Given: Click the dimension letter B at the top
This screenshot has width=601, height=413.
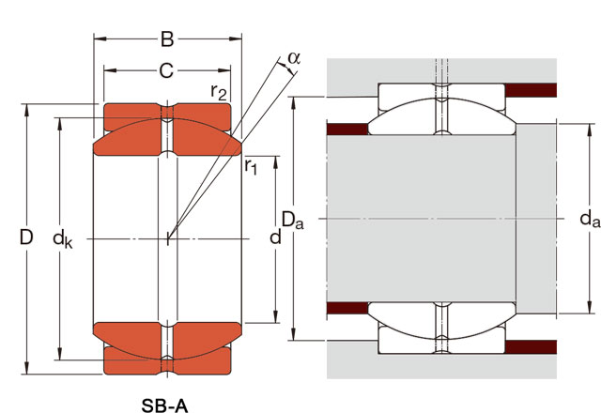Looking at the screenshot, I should (166, 39).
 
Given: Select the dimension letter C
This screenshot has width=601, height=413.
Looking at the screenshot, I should (166, 69).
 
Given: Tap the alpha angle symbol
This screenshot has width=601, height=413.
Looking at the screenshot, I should (294, 58).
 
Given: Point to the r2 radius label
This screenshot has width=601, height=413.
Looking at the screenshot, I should (219, 91).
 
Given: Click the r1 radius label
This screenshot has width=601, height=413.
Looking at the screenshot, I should (251, 167).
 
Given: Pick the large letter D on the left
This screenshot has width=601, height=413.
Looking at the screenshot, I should (27, 238).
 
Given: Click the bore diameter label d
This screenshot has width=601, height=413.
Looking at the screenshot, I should (275, 237).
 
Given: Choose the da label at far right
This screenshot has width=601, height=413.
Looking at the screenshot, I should (589, 221).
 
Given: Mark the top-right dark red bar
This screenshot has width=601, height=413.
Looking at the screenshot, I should (532, 90).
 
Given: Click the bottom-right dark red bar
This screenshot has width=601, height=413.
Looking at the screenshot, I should (532, 346).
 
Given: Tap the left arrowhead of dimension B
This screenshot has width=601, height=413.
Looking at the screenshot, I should (97, 39).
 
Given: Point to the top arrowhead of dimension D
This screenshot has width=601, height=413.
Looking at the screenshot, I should (27, 104).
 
